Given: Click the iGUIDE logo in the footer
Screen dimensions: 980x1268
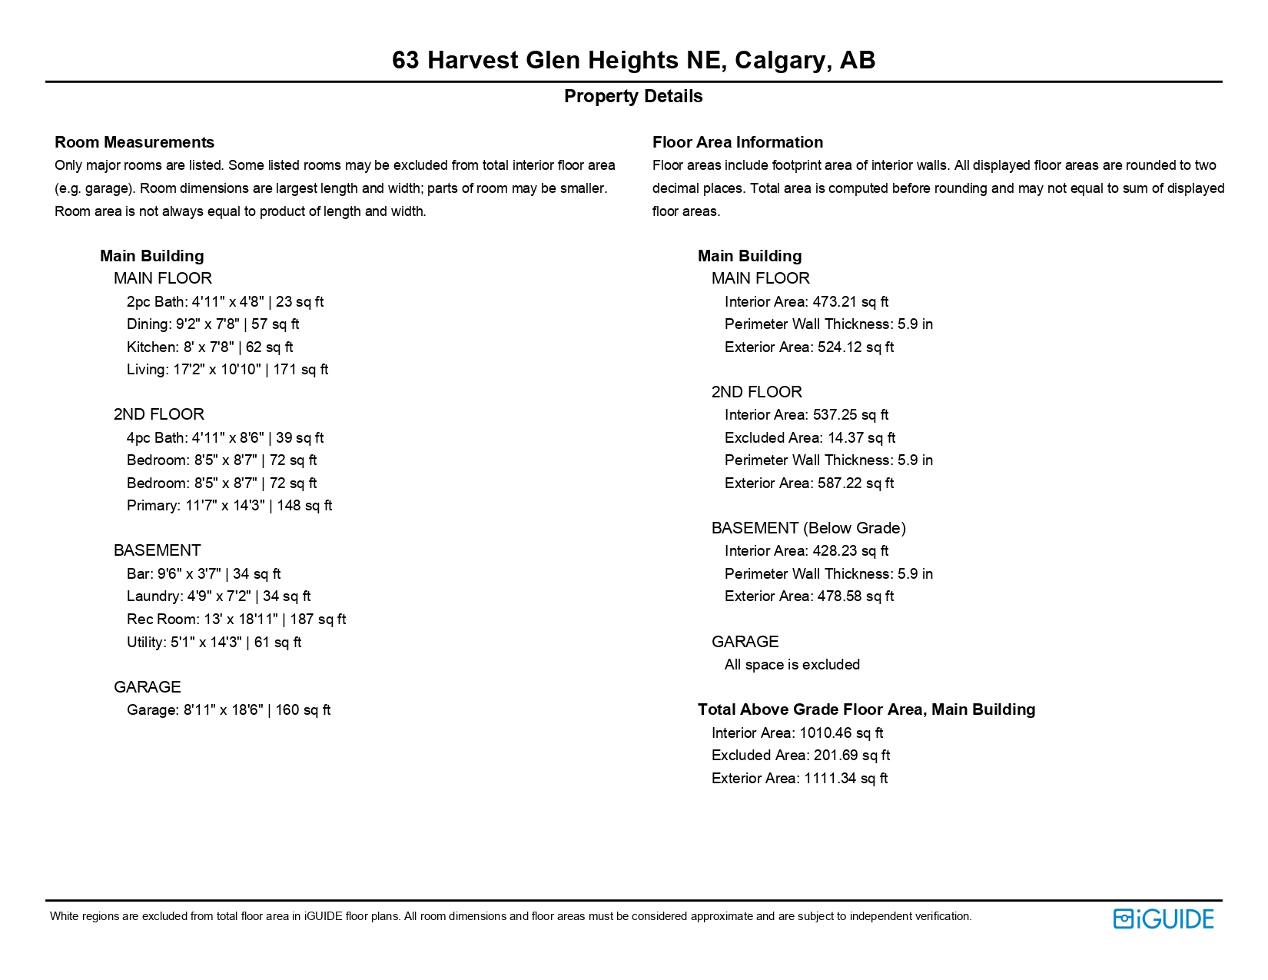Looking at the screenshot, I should (1163, 919).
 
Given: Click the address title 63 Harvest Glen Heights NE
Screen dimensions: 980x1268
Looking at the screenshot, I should (633, 60).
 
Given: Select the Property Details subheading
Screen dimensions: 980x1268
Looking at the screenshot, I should (633, 97).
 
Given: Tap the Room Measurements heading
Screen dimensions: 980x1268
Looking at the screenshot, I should (134, 142).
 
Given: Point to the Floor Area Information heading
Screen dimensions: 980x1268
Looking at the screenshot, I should (737, 142).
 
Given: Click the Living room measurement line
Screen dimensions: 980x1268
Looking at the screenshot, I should (227, 370).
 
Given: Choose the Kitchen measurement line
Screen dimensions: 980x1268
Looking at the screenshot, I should (210, 347).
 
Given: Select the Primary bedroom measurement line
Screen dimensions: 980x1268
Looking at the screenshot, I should (229, 506).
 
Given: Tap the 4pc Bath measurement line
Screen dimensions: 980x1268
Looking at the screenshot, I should (225, 438).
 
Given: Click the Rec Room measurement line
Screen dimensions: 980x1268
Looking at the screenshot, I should (236, 620).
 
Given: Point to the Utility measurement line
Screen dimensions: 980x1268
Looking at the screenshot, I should (214, 643).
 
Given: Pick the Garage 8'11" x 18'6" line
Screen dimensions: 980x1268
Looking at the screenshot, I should (228, 710).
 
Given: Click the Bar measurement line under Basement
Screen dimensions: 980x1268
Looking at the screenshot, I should (204, 574).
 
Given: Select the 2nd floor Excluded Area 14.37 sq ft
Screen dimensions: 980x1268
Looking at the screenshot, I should (809, 438).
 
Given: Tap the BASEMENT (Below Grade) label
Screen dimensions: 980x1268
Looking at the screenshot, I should (808, 528).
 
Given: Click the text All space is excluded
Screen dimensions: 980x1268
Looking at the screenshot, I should (792, 665).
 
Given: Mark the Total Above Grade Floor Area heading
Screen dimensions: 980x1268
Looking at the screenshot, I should (866, 709).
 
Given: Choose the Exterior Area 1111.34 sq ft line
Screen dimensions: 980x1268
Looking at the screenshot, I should (799, 779).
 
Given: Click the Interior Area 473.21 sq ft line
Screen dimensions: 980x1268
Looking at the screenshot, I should (806, 302).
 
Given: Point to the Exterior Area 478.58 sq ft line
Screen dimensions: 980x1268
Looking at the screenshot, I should (808, 596).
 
